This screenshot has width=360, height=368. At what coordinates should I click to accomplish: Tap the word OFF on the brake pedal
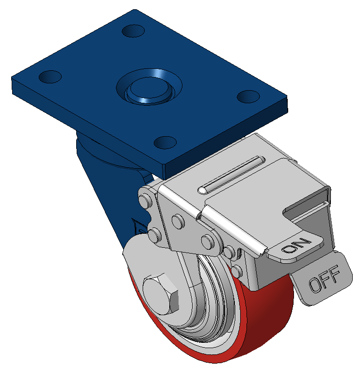click(324, 279)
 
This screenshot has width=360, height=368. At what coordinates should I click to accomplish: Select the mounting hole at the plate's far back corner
click(133, 31)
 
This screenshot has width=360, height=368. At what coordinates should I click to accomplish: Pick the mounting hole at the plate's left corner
click(50, 77)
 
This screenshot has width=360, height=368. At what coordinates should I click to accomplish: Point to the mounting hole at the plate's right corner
click(248, 96)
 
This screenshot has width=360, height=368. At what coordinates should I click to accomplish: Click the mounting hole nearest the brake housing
click(165, 143)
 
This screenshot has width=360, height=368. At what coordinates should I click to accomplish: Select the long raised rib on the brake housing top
click(231, 175)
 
